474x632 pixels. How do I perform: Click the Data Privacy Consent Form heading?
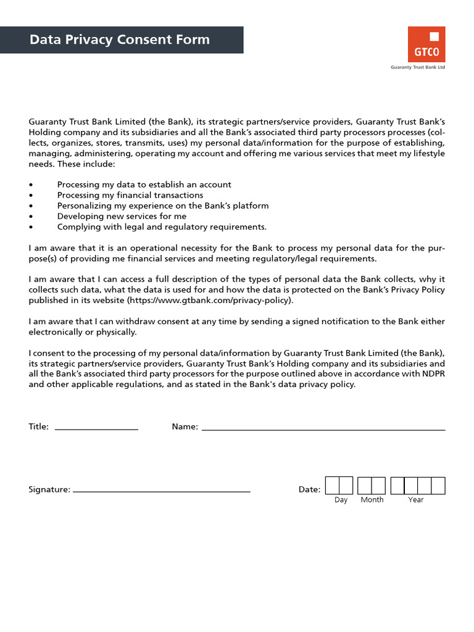[x=120, y=39]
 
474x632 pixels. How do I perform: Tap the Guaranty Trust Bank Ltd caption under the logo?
[x=418, y=67]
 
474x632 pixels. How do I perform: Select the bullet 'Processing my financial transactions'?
[x=130, y=195]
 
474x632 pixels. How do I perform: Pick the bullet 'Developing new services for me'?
[x=122, y=216]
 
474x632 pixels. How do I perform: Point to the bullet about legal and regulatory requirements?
[x=162, y=227]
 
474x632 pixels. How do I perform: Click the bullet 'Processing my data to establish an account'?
[x=144, y=185]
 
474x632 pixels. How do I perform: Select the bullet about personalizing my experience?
[x=163, y=206]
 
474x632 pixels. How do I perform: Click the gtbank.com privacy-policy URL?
[x=210, y=301]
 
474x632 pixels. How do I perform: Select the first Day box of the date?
[x=332, y=486]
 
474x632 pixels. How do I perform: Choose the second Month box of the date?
[x=378, y=486]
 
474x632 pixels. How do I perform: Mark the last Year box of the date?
[x=438, y=486]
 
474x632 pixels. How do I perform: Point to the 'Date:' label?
[x=309, y=489]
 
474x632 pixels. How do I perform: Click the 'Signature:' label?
[x=49, y=489]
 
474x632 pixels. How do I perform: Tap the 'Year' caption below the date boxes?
[x=415, y=500]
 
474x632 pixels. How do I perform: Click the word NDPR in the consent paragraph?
[x=432, y=374]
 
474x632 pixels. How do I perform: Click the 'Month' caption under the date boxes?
[x=372, y=500]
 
